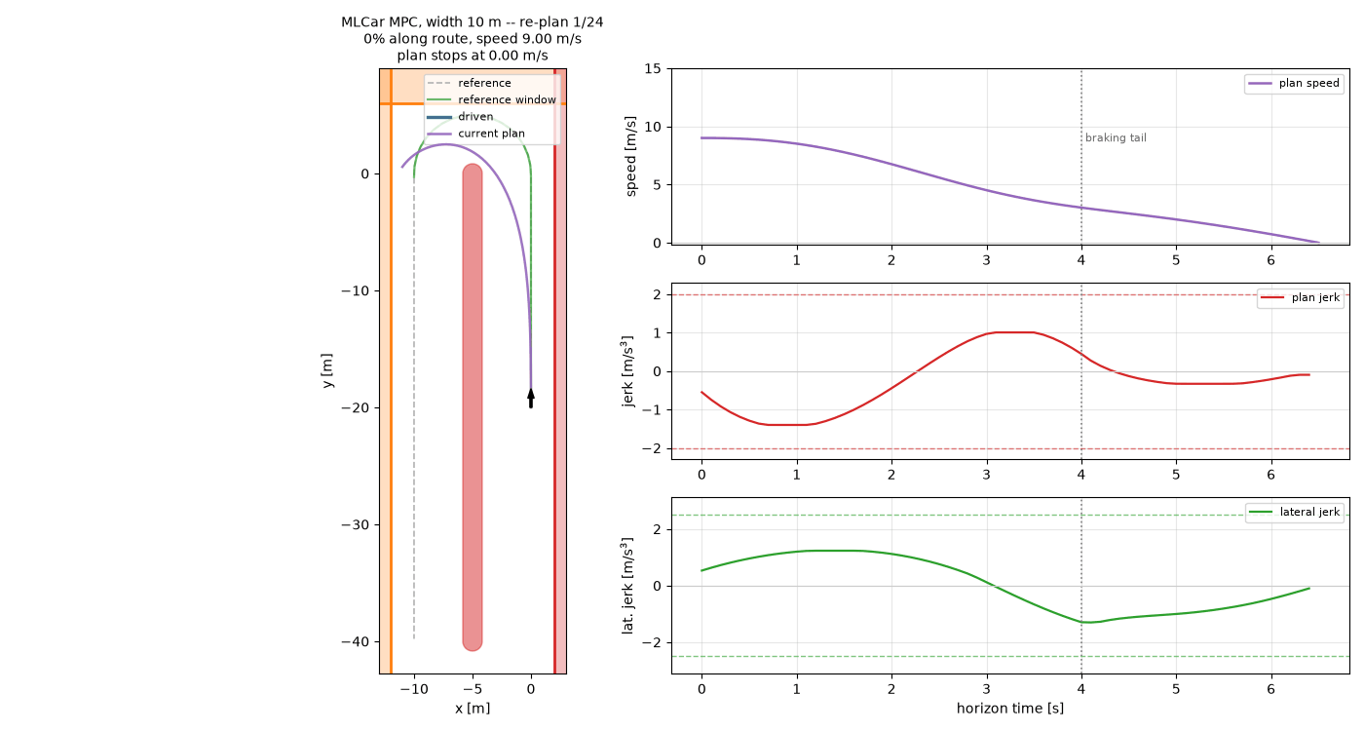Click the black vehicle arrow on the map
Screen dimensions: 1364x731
point(531,398)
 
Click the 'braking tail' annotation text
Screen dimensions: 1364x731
point(1116,138)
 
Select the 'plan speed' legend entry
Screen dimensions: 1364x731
point(1295,84)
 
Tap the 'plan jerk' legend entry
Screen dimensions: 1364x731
point(1301,298)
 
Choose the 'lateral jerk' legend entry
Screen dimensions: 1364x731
point(1295,513)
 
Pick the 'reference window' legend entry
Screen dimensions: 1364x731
point(491,99)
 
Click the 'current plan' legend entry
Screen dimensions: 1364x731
point(475,134)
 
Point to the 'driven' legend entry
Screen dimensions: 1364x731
point(460,117)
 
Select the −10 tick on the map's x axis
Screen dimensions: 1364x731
point(414,690)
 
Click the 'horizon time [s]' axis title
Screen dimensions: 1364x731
point(1010,709)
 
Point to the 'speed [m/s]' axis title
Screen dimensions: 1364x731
point(630,157)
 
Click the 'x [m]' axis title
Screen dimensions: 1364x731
point(473,709)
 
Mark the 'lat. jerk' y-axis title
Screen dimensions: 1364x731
point(627,586)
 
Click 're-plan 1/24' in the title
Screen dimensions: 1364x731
point(561,22)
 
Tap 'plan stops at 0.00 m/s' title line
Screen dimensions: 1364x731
point(473,57)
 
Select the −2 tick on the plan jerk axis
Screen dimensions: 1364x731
point(651,449)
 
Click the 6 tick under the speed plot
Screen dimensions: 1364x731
point(1270,261)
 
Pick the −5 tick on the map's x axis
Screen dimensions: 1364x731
point(473,690)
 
